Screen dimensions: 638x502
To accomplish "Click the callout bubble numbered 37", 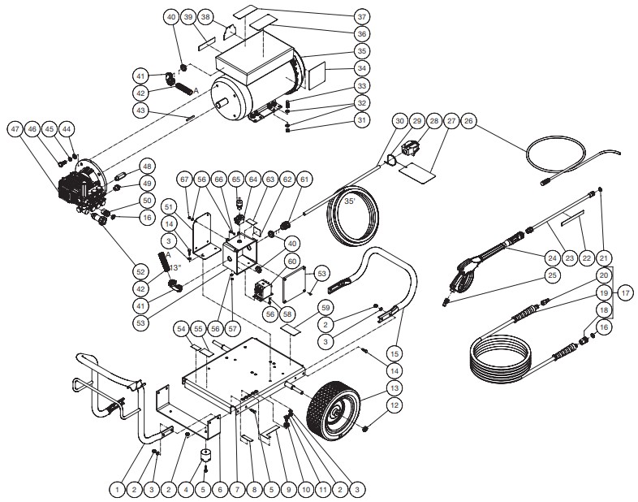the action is pyautogui.click(x=362, y=17).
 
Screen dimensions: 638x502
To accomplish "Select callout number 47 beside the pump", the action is pyautogui.click(x=15, y=129).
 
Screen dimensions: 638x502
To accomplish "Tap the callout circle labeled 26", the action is pyautogui.click(x=468, y=121).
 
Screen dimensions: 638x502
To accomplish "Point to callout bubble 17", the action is pyautogui.click(x=625, y=292).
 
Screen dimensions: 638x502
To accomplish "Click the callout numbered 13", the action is pyautogui.click(x=394, y=388).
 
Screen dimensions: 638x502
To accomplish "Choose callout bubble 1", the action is pyautogui.click(x=117, y=489).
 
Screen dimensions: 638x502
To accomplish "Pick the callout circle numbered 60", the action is pyautogui.click(x=292, y=261).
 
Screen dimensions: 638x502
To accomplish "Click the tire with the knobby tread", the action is pyautogui.click(x=334, y=411).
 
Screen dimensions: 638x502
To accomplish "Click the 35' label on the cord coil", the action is pyautogui.click(x=351, y=201).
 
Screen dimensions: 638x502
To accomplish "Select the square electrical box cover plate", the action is pyautogui.click(x=294, y=281).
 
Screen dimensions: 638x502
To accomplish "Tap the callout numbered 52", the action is pyautogui.click(x=140, y=271).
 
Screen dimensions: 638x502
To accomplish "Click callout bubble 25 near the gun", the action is pyautogui.click(x=552, y=275).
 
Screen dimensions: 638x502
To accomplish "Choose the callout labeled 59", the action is pyautogui.click(x=325, y=307).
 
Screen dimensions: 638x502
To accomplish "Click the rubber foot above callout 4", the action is pyautogui.click(x=207, y=455).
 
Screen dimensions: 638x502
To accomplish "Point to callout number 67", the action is pyautogui.click(x=185, y=180).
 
